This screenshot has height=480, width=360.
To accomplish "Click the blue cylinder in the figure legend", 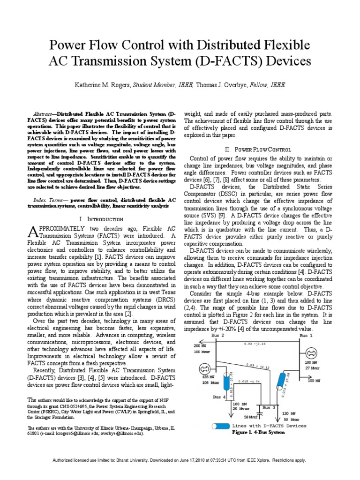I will click(x=221, y=426).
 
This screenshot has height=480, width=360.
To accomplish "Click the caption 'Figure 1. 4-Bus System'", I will click(x=258, y=432).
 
